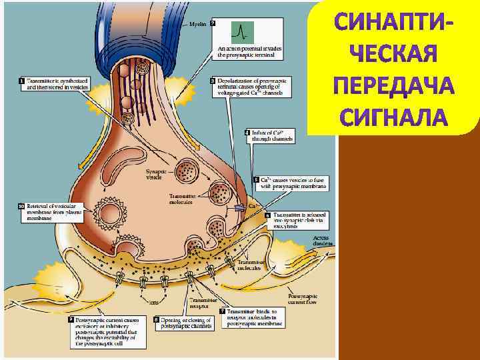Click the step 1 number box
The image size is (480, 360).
click(x=21, y=81)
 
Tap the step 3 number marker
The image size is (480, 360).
click(x=213, y=81)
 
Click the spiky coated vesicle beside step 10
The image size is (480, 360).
click(x=110, y=213)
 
